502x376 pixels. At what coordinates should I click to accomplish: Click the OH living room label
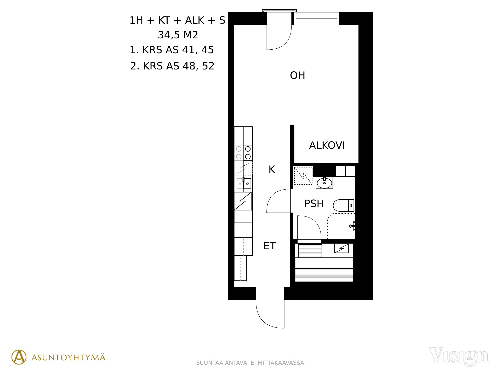pyautogui.click(x=297, y=75)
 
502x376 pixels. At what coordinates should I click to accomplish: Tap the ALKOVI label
pyautogui.click(x=327, y=145)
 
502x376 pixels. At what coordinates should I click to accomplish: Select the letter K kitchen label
pyautogui.click(x=272, y=169)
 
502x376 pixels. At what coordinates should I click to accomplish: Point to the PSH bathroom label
pyautogui.click(x=314, y=204)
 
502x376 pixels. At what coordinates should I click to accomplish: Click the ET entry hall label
pyautogui.click(x=270, y=246)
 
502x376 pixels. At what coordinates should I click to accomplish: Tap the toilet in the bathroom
pyautogui.click(x=344, y=205)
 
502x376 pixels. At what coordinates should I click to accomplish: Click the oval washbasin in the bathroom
pyautogui.click(x=324, y=183)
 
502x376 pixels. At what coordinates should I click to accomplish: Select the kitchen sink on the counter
pyautogui.click(x=244, y=184)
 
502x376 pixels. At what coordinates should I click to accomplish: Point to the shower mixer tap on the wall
pyautogui.click(x=352, y=226)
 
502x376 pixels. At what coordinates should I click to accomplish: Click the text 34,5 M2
pyautogui.click(x=178, y=35)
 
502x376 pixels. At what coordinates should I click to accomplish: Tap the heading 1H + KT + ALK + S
pyautogui.click(x=177, y=20)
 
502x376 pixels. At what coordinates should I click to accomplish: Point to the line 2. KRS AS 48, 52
pyautogui.click(x=172, y=66)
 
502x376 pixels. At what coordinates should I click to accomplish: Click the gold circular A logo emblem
pyautogui.click(x=19, y=357)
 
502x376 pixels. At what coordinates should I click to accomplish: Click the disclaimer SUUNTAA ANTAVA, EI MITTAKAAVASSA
pyautogui.click(x=251, y=363)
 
